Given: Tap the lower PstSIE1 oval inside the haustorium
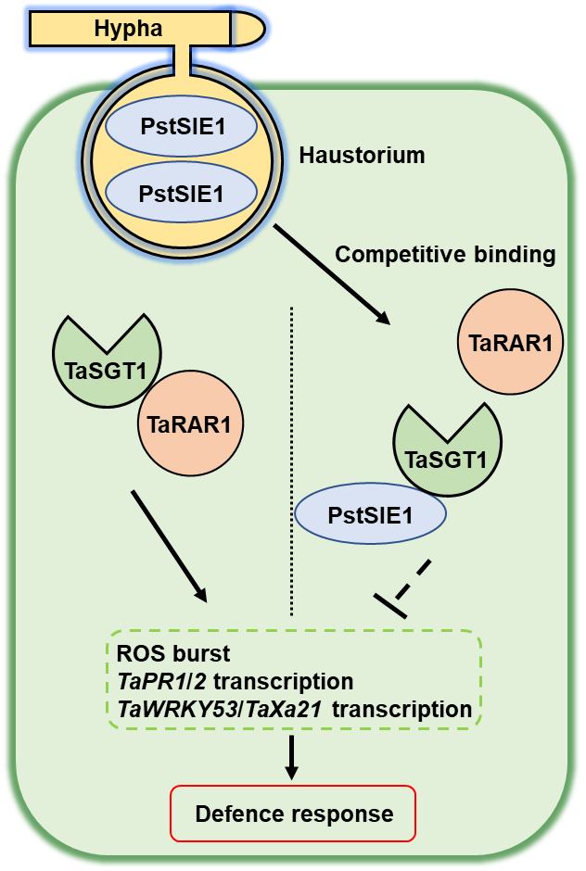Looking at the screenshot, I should point(168,196).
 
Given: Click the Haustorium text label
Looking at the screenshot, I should point(362,156).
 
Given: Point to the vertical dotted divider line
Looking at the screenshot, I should point(291,463).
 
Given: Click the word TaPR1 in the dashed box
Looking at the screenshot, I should point(145,682).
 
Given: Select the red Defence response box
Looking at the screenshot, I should point(293,814).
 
